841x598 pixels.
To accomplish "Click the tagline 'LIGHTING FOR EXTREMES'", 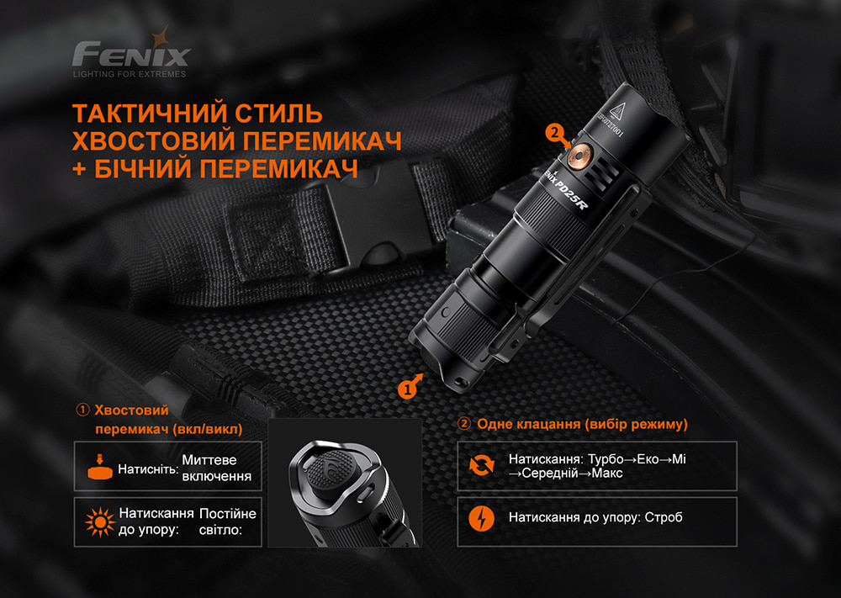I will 130,74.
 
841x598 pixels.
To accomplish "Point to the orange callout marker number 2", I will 553,132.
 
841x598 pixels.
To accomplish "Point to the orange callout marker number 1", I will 408,389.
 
